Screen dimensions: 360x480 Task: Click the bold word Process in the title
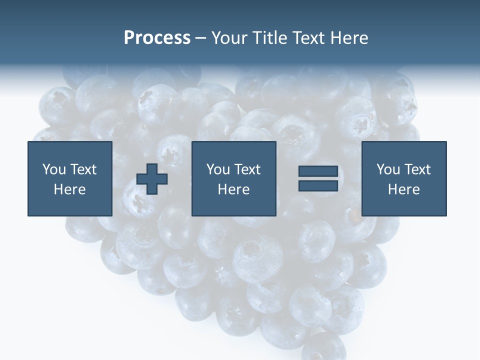[157, 38]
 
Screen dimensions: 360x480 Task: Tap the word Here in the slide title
[349, 38]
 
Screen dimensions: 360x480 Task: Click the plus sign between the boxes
[152, 179]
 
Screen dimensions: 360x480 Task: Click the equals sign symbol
[318, 178]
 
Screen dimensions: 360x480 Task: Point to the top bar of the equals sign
[318, 171]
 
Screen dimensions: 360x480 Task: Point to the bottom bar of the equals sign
[318, 185]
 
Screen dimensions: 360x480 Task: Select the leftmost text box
[70, 178]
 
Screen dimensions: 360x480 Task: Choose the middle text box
[233, 178]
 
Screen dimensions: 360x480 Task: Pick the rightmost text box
[403, 178]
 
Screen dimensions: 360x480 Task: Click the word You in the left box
[54, 169]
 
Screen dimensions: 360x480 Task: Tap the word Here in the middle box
[233, 189]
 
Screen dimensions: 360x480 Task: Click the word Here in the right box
[403, 189]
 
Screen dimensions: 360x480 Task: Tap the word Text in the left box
[83, 169]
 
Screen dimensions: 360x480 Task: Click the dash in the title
[200, 38]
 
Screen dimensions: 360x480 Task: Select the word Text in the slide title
[308, 38]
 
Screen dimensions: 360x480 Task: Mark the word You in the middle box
[218, 169]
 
